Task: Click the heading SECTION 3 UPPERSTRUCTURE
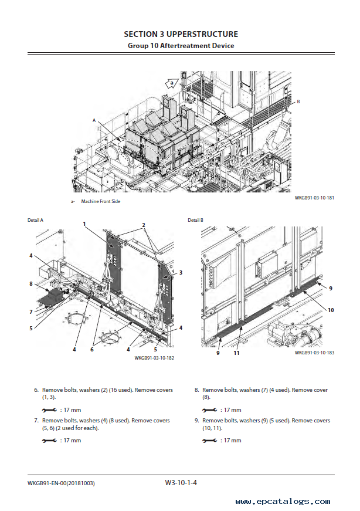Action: click(x=181, y=34)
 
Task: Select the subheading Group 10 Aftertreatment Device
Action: click(x=181, y=45)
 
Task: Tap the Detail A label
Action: click(x=36, y=220)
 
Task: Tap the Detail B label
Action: click(x=195, y=220)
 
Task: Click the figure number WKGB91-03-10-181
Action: click(x=314, y=198)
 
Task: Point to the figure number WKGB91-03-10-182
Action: click(x=154, y=358)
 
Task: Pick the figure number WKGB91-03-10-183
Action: click(x=314, y=353)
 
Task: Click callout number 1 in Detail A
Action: click(x=84, y=224)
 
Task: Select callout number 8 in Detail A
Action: click(x=30, y=284)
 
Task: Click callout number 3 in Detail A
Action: click(x=181, y=272)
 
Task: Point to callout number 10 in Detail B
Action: click(x=331, y=310)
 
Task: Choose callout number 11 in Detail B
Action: click(x=236, y=353)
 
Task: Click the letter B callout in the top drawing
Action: click(x=298, y=101)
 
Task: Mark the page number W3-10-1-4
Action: click(x=181, y=483)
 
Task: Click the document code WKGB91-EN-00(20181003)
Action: click(x=61, y=483)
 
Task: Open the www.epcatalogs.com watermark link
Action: click(x=282, y=502)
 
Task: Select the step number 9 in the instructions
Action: click(x=196, y=421)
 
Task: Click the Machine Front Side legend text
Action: click(x=101, y=202)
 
